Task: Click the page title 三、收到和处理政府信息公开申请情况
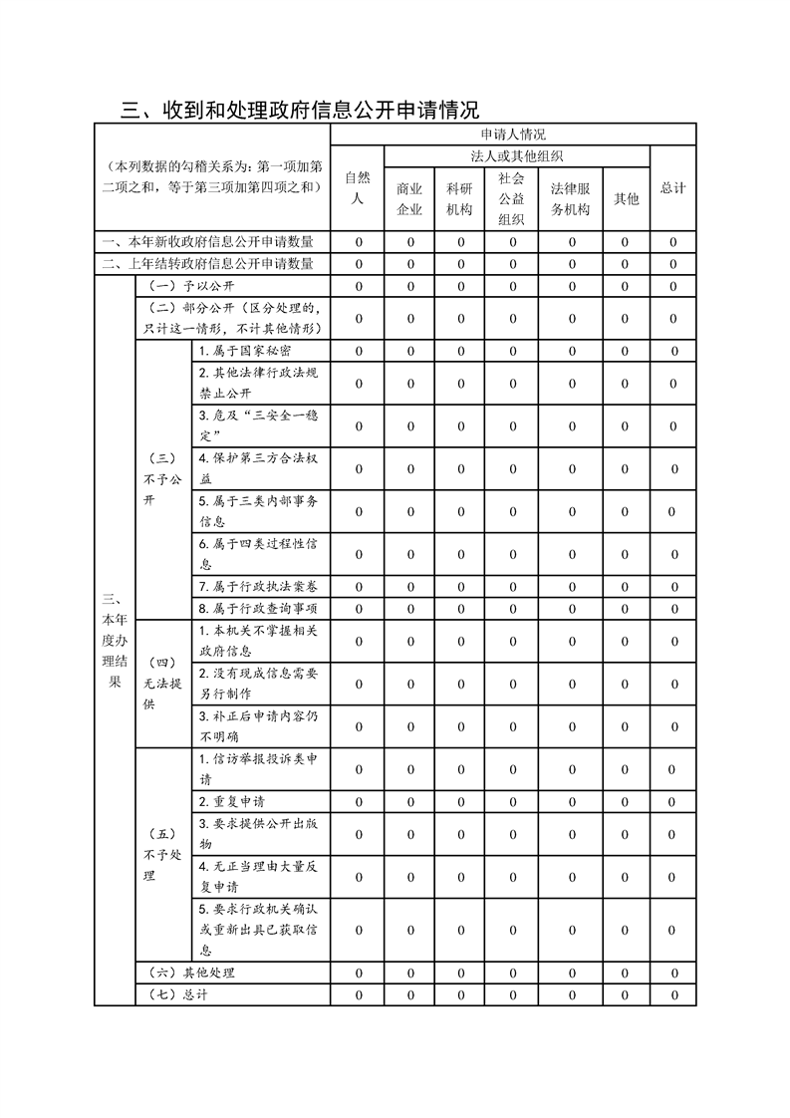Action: pos(300,109)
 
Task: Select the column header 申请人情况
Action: pos(513,134)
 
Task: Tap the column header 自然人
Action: pos(358,187)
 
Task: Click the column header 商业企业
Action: pos(409,198)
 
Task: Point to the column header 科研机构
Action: pos(460,198)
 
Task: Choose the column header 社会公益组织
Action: pos(512,198)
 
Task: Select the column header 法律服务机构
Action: pos(571,198)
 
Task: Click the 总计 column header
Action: pos(673,187)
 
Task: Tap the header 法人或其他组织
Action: pos(517,156)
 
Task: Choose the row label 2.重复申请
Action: pos(231,801)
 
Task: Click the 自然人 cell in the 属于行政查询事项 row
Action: pos(358,608)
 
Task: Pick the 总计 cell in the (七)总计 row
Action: pos(673,994)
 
